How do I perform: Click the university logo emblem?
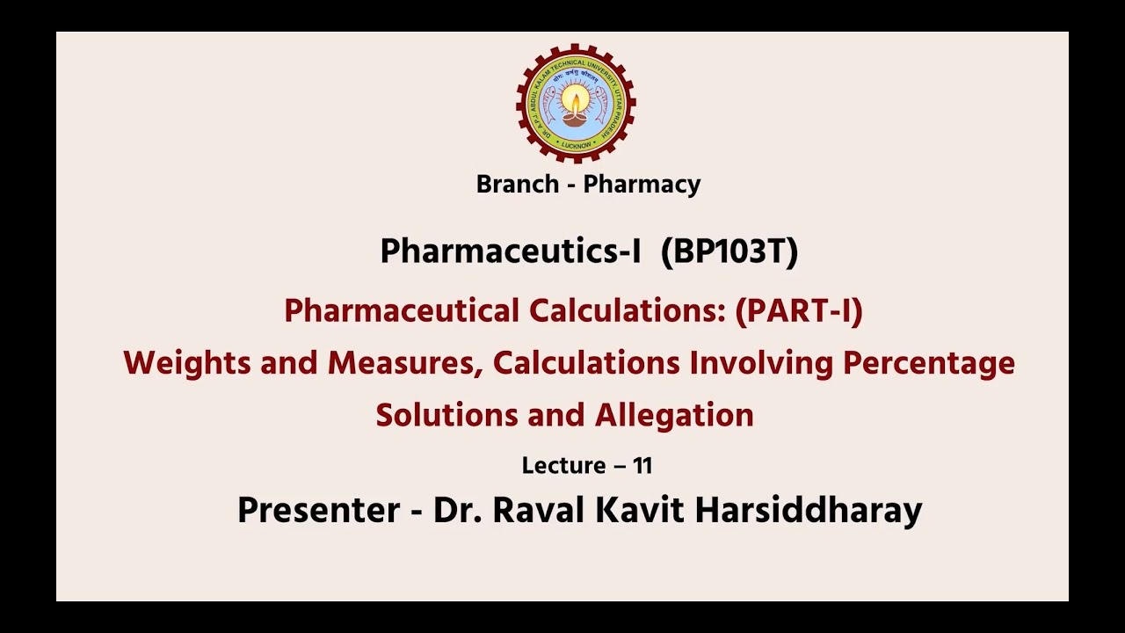[576, 103]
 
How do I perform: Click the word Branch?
[517, 185]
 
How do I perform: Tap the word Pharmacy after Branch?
[642, 185]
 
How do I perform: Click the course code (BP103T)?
[729, 252]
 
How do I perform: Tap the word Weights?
[186, 363]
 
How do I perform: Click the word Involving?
[761, 363]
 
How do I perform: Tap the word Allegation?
[674, 415]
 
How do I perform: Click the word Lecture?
[563, 466]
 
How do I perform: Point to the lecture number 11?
[642, 466]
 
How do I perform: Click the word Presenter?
[318, 511]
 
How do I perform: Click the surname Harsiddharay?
[808, 511]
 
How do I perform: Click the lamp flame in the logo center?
[576, 97]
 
